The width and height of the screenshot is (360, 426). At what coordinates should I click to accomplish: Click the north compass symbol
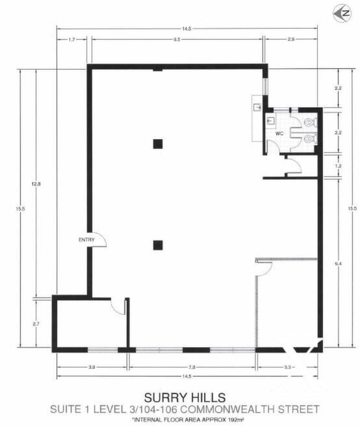pos(342,13)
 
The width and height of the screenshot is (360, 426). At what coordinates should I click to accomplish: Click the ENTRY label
pos(86,239)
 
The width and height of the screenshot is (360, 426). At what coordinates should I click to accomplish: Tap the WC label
pos(279,133)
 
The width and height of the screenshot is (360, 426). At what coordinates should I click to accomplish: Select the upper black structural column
pos(158,144)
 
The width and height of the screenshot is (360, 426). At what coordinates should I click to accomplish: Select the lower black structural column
pos(158,245)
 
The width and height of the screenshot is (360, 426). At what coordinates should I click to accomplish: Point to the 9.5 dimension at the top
pos(177,40)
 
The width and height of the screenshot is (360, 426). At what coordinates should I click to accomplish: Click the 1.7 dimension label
pos(71,40)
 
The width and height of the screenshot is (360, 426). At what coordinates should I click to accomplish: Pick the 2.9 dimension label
pos(290,40)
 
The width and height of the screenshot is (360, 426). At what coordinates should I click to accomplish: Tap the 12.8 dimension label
pos(36,184)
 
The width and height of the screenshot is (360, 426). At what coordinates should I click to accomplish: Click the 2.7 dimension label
pos(36,324)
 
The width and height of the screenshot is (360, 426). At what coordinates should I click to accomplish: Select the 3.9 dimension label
pos(92,367)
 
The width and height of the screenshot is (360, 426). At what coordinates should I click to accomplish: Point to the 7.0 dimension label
pos(192,367)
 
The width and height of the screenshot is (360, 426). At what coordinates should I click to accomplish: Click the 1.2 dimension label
pos(339,166)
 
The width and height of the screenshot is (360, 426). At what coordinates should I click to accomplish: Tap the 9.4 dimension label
pos(339,263)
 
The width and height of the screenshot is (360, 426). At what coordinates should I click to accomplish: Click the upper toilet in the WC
pos(311,122)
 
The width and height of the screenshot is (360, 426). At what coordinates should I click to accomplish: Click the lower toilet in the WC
pos(311,139)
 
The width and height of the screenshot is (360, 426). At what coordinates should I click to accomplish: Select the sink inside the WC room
pos(271,120)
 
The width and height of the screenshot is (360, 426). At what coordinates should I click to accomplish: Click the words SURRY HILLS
pos(185,398)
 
